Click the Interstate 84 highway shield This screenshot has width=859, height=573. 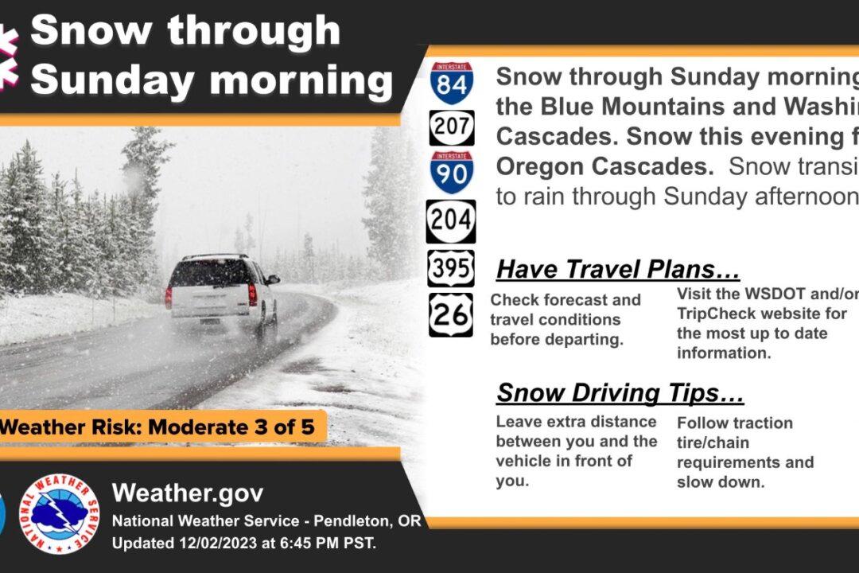(451, 84)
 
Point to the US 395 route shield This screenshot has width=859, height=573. (451, 269)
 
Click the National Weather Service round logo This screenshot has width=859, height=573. (59, 514)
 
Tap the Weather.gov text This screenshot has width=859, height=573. (188, 493)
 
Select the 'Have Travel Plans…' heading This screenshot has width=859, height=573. (618, 269)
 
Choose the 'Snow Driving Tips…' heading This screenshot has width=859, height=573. (620, 392)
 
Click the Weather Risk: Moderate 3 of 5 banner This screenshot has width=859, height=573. (159, 427)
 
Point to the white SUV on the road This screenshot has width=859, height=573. (221, 288)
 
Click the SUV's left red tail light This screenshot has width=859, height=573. (169, 297)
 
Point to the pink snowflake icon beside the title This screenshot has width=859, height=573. (8, 56)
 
